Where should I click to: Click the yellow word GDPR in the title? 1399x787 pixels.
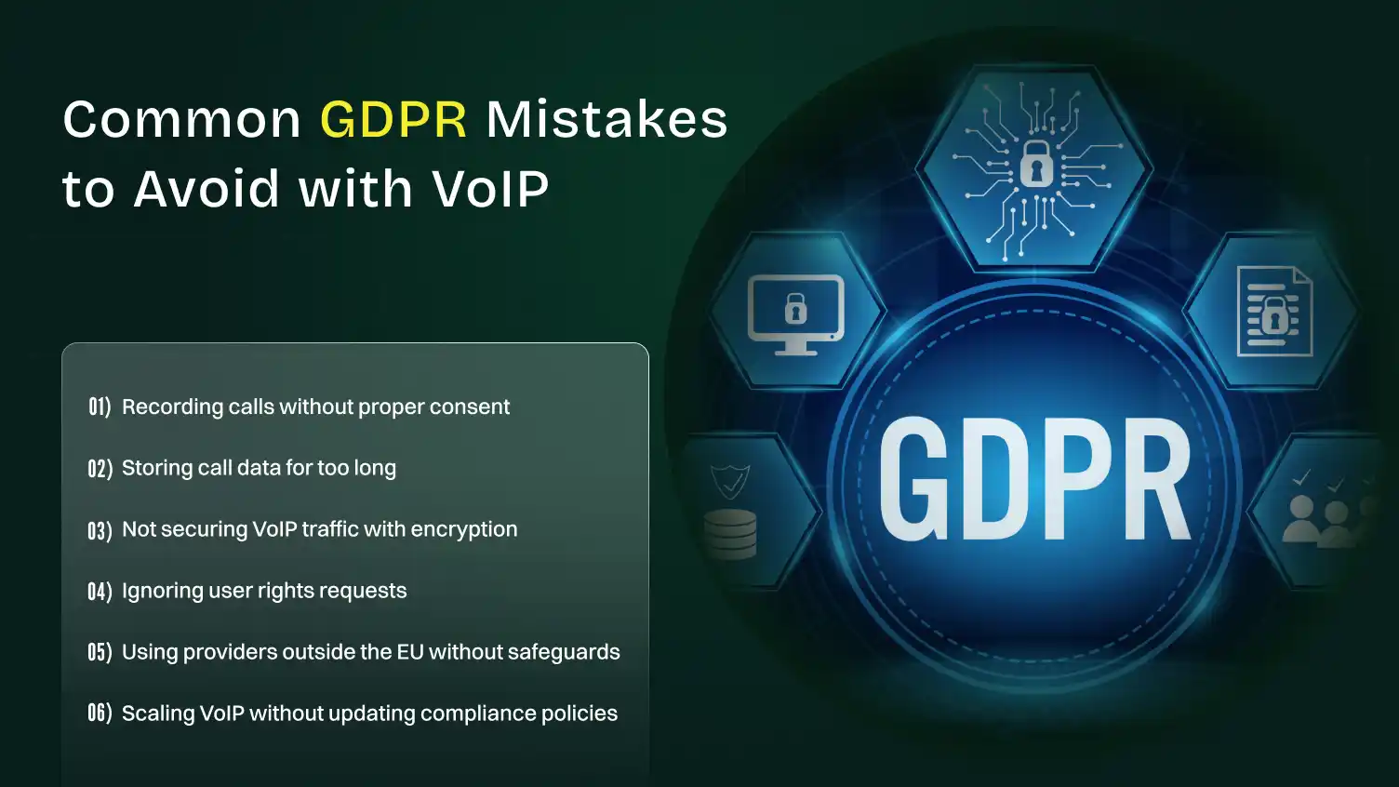pyautogui.click(x=393, y=120)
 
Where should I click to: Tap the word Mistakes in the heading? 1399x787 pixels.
pyautogui.click(x=606, y=120)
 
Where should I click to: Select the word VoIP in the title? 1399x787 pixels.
pyautogui.click(x=490, y=189)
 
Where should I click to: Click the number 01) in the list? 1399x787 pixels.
pyautogui.click(x=100, y=407)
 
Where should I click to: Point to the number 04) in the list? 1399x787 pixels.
pyautogui.click(x=100, y=591)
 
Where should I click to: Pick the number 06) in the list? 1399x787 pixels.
pyautogui.click(x=100, y=714)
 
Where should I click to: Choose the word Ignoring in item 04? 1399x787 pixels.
pyautogui.click(x=156, y=591)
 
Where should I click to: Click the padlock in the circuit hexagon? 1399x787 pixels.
pyautogui.click(x=1036, y=165)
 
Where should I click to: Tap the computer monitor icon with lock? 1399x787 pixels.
pyautogui.click(x=795, y=313)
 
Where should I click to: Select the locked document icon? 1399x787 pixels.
pyautogui.click(x=1274, y=312)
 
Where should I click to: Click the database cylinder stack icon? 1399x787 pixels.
pyautogui.click(x=730, y=533)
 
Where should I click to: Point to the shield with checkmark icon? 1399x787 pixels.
pyautogui.click(x=730, y=481)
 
